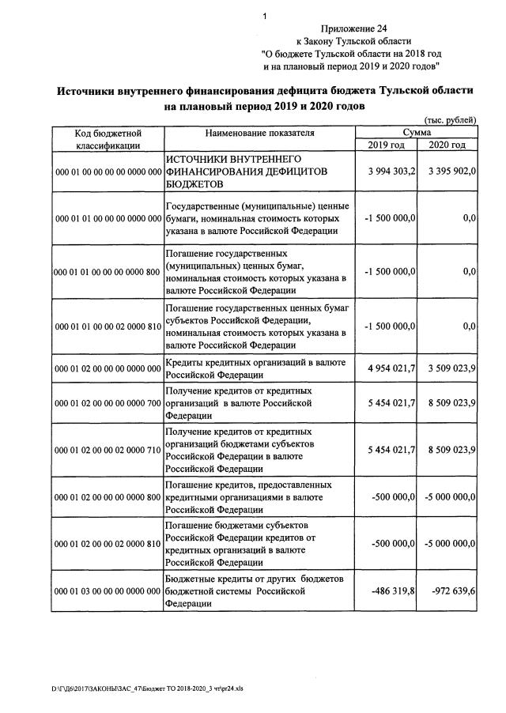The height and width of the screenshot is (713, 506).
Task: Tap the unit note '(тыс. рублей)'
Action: click(450, 120)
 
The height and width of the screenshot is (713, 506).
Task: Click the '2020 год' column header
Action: click(447, 145)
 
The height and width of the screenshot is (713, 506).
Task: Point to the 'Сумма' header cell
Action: click(417, 133)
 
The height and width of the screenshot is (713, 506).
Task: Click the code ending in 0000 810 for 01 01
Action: click(107, 326)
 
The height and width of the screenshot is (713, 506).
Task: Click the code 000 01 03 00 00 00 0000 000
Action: click(107, 590)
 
